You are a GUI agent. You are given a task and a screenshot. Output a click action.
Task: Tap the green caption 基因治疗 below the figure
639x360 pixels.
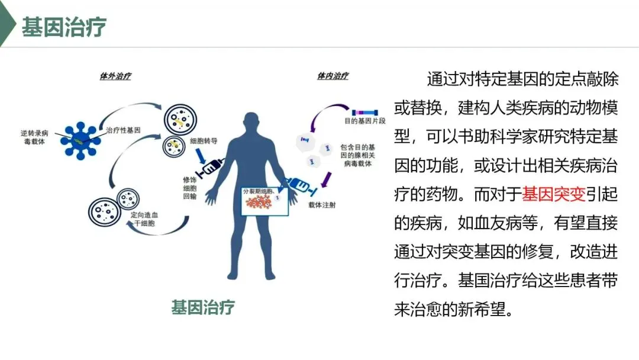[x=203, y=308]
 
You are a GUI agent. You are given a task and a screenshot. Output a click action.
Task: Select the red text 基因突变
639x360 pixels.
[x=554, y=193]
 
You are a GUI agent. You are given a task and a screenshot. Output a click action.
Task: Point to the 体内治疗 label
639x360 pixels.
[x=333, y=76]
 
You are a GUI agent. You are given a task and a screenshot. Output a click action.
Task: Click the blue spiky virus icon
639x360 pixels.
[x=79, y=140]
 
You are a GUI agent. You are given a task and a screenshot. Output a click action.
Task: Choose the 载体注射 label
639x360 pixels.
[x=322, y=205]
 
